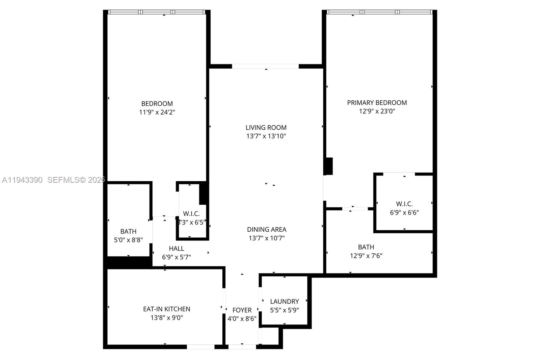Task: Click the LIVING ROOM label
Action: point(266,128)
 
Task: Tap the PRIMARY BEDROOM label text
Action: point(377,103)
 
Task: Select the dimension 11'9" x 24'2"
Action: point(157,112)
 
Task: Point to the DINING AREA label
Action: point(267,229)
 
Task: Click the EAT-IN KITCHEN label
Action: point(167,309)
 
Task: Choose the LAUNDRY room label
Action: point(285,301)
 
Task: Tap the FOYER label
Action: point(242,310)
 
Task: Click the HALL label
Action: point(177,249)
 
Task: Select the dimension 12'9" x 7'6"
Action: point(366,256)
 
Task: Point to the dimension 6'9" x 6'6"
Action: point(404,212)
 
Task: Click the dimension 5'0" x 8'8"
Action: point(128,240)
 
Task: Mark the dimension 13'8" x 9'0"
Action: point(167,318)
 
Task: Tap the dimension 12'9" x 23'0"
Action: point(377,111)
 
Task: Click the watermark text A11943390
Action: point(22,180)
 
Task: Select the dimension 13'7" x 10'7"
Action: point(267,238)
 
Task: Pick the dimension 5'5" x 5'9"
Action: point(285,310)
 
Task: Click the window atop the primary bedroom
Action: point(379,12)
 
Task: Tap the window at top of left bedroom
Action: point(157,12)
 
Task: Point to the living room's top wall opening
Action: point(265,67)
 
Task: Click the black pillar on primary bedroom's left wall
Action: point(328,166)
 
